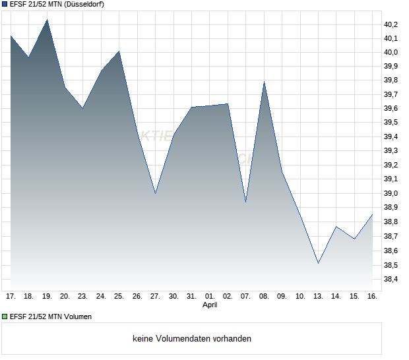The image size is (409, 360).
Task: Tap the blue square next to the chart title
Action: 5,4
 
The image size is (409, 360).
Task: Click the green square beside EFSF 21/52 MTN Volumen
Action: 5,316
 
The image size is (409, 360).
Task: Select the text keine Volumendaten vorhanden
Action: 192,338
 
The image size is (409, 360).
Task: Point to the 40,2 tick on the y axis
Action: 391,24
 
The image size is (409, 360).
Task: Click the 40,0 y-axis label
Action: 391,53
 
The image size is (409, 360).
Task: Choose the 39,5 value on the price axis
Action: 391,123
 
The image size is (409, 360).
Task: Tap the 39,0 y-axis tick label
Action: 391,194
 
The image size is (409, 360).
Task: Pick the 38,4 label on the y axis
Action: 391,279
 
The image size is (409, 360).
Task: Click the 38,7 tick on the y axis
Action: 391,237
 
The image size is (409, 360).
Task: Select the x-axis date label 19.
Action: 47,297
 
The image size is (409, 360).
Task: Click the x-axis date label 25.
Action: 119,297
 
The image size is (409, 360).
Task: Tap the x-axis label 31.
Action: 191,297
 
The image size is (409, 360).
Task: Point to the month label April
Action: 209,305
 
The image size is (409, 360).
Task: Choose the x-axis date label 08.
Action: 264,297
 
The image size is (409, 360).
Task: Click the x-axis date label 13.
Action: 318,297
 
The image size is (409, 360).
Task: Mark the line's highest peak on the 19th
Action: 47,20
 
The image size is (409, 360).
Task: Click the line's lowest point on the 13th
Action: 319,263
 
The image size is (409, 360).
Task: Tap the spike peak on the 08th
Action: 264,82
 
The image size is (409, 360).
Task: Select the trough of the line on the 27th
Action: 155,193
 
